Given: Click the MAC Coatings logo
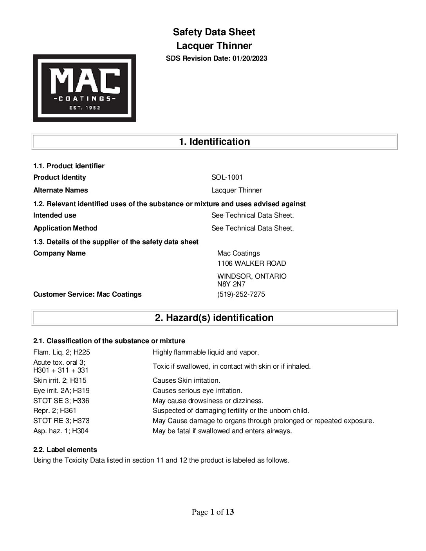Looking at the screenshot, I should (x=85, y=88).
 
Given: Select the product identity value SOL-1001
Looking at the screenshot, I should (x=227, y=177).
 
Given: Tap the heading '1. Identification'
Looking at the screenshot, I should (x=214, y=141).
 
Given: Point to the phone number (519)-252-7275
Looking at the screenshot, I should (x=241, y=294).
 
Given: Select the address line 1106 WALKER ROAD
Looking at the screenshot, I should (x=251, y=263).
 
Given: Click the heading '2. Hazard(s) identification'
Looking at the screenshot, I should (x=214, y=317).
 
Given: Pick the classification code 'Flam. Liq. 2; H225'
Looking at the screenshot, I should (x=61, y=352).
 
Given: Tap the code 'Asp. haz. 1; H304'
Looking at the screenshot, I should (x=61, y=431).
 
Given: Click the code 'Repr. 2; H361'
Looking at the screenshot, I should (x=55, y=411).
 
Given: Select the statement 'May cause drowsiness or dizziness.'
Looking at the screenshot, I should (x=208, y=401).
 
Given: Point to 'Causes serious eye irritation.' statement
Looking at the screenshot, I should (x=197, y=391).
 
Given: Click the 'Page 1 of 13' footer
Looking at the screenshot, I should (x=213, y=512).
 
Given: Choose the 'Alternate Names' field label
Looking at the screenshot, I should (x=61, y=190).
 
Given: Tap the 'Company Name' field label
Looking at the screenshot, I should (x=59, y=253).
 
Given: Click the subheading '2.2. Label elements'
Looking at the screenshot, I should (x=65, y=450).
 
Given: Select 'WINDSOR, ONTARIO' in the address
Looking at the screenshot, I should (x=252, y=276).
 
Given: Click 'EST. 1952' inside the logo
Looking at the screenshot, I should (x=85, y=108).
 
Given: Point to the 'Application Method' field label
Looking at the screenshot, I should (x=65, y=228).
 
